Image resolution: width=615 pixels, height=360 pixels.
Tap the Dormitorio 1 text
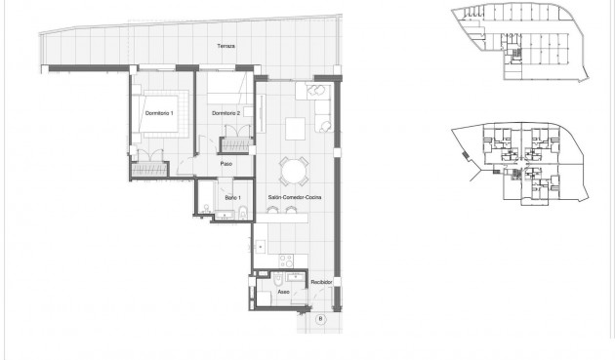pyautogui.click(x=159, y=115)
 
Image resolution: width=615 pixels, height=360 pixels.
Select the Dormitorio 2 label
pyautogui.click(x=225, y=115)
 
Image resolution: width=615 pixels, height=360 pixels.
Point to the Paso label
pyautogui.click(x=225, y=163)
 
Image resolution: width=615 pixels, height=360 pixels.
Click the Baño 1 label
pyautogui.click(x=232, y=197)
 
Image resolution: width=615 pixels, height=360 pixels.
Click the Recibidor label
pyautogui.click(x=322, y=282)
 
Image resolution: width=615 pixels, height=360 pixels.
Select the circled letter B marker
pyautogui.click(x=321, y=317)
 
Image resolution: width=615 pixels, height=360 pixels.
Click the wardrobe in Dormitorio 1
pyautogui.click(x=151, y=169)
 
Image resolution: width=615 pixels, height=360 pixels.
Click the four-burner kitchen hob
pyautogui.click(x=284, y=260)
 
